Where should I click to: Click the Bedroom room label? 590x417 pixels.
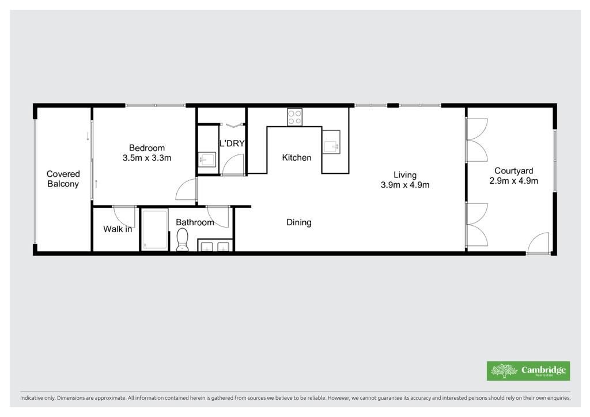[147, 148]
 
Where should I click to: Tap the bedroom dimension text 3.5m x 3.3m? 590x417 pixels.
[147, 158]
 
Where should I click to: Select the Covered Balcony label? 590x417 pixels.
[63, 179]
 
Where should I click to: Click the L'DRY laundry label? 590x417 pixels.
[232, 143]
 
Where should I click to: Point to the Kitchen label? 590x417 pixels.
[297, 158]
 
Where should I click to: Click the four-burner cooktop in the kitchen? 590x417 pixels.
[294, 116]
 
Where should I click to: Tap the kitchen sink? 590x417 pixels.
[331, 142]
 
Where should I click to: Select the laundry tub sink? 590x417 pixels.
[207, 160]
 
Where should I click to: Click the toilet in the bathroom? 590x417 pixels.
[182, 240]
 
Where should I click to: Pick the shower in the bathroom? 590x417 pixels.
[154, 229]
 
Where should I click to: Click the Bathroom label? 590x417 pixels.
[195, 222]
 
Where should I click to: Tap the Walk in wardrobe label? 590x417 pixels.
[118, 229]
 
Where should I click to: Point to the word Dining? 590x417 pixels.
[299, 222]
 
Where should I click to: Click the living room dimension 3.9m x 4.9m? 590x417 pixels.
[405, 185]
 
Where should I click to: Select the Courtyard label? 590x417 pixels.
[513, 170]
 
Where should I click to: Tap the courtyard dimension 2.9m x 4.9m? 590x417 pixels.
[513, 181]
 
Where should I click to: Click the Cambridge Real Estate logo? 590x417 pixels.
[528, 371]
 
